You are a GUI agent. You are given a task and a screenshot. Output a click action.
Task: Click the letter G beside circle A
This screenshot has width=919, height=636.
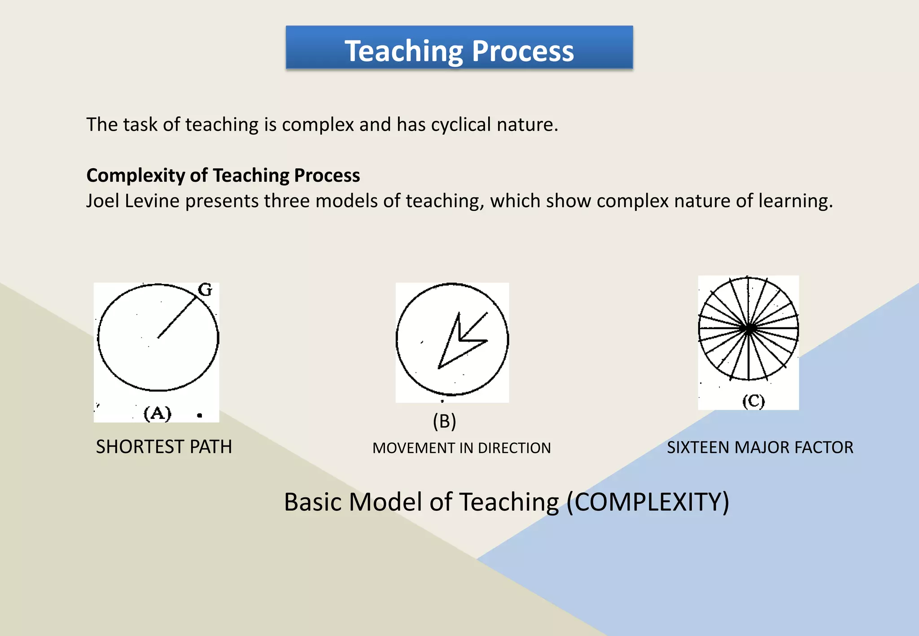(x=205, y=290)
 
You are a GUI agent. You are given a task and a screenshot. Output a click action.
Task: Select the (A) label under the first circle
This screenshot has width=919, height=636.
(x=158, y=413)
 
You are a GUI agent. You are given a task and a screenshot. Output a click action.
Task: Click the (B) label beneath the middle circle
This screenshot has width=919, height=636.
(x=444, y=421)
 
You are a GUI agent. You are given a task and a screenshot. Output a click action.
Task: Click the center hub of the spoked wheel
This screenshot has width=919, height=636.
(x=748, y=329)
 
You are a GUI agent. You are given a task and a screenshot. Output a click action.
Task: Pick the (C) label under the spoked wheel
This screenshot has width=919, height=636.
(x=753, y=401)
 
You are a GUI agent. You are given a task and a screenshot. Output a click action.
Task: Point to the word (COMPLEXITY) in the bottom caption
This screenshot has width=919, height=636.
(x=648, y=502)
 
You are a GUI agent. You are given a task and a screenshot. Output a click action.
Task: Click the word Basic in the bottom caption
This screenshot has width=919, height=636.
(x=313, y=502)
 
